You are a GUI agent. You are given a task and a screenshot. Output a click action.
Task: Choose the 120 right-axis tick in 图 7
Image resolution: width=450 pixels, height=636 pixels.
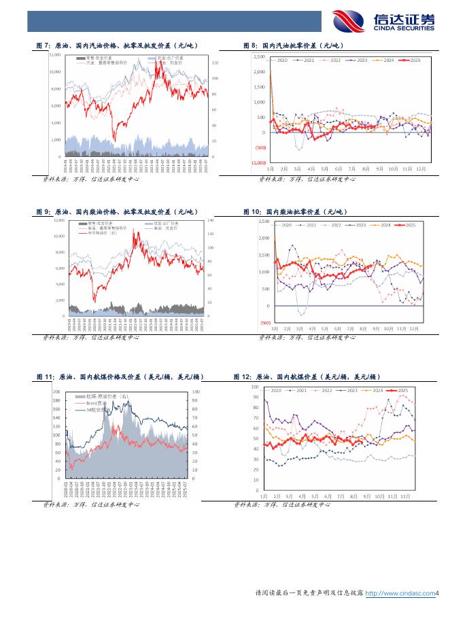point(215,63)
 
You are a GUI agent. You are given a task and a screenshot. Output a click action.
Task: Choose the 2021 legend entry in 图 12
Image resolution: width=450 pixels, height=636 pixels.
point(300,391)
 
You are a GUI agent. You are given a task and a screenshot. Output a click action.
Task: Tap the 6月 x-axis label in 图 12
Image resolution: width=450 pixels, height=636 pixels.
point(328,497)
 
